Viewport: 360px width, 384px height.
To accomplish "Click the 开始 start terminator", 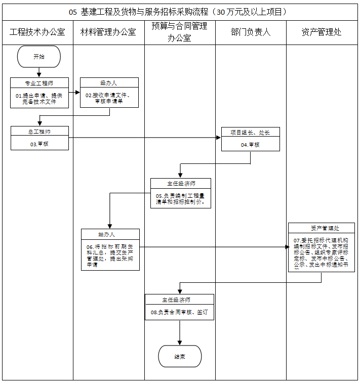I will pyautogui.click(x=39, y=57).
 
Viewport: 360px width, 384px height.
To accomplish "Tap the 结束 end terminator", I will pyautogui.click(x=180, y=356).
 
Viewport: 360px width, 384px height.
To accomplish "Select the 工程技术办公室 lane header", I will pyautogui.click(x=37, y=32).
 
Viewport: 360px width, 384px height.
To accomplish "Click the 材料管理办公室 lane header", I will pyautogui.click(x=108, y=32).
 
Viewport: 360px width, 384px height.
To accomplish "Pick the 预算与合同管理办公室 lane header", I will pyautogui.click(x=179, y=32).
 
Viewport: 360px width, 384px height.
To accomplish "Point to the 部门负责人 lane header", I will pyautogui.click(x=251, y=32).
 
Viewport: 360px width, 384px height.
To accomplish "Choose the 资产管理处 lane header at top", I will pyautogui.click(x=322, y=32).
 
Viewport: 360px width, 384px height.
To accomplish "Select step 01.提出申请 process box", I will pyautogui.click(x=39, y=97).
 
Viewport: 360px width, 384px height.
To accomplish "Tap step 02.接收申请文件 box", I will pyautogui.click(x=109, y=97).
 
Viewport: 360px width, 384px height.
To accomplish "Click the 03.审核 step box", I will pyautogui.click(x=39, y=144).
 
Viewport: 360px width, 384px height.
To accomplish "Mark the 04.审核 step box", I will pyautogui.click(x=250, y=144).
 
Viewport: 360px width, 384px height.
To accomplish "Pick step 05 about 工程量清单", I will pyautogui.click(x=180, y=198).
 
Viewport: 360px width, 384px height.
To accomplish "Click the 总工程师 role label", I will pyautogui.click(x=39, y=131).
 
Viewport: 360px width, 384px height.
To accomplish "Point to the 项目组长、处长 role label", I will pyautogui.click(x=250, y=132).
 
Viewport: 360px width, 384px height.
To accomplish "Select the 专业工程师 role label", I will pyautogui.click(x=39, y=82).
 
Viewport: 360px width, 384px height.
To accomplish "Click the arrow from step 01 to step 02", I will pyautogui.click(x=74, y=92).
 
